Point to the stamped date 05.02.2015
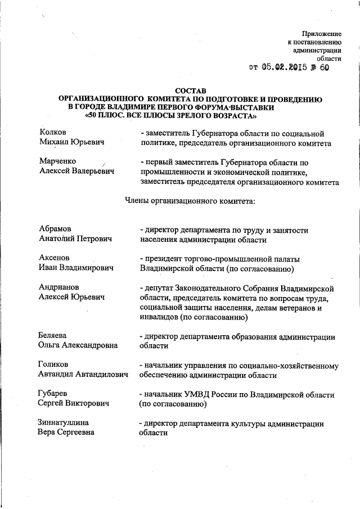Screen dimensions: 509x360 283,68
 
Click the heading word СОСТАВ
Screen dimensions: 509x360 191,90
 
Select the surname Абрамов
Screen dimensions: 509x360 56,229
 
